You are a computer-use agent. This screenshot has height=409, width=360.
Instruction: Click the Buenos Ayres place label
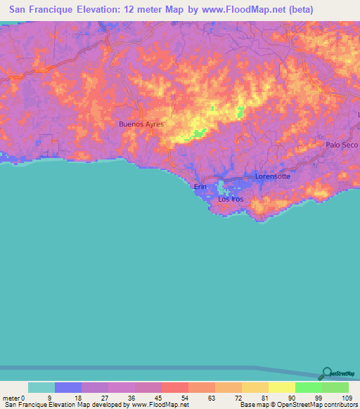click(141, 124)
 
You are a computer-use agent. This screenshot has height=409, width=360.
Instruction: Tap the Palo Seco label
click(342, 145)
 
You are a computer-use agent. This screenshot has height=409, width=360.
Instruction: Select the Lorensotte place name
click(272, 176)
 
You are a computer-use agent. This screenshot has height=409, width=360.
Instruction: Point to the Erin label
click(200, 187)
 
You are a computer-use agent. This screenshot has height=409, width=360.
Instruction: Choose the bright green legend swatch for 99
click(308, 387)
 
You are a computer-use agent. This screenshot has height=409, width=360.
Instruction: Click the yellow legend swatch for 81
click(255, 387)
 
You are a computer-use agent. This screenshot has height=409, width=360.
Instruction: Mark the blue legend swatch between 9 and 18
click(68, 387)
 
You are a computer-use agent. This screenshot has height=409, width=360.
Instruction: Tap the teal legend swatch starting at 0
click(41, 387)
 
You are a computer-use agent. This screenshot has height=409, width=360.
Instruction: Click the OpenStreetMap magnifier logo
click(327, 373)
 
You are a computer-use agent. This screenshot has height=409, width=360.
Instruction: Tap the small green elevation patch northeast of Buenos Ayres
click(241, 111)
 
